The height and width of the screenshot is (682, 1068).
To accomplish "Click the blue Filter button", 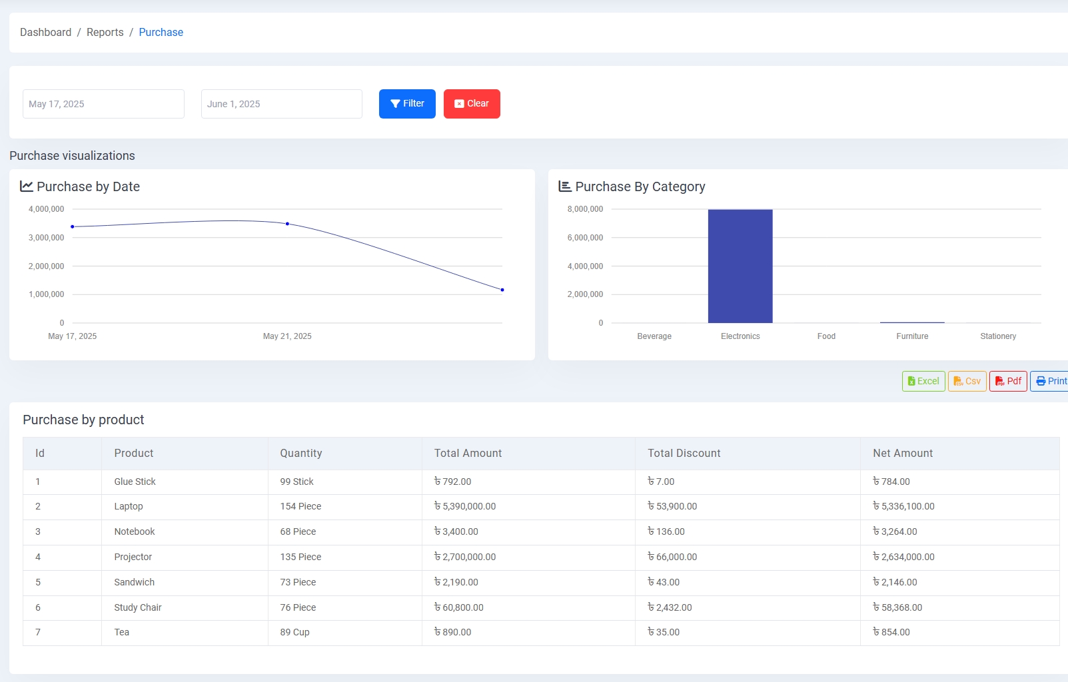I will (406, 104).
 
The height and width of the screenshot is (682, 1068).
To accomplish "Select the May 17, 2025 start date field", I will (103, 104).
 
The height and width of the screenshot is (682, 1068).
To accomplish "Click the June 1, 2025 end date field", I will (281, 104).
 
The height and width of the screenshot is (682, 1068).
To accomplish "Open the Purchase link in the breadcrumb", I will (161, 32).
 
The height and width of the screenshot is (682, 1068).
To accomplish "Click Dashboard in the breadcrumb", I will (45, 32).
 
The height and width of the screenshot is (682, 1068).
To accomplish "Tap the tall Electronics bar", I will (740, 266).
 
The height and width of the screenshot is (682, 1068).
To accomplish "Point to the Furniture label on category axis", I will (911, 336).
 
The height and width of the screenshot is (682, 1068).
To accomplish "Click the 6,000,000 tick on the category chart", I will (585, 238).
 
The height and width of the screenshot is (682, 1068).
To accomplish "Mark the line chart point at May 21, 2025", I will (287, 224).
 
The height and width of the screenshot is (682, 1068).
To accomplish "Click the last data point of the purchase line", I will (502, 290).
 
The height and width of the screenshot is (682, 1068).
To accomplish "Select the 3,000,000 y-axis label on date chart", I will (47, 238).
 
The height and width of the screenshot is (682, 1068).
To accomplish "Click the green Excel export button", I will (923, 381).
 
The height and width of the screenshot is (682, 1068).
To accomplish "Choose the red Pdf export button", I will (1007, 381).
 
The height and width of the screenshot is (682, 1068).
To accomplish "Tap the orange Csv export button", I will (967, 381).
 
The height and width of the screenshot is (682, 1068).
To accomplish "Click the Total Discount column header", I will (684, 453).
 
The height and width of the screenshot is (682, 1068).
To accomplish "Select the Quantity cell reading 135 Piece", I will (300, 557).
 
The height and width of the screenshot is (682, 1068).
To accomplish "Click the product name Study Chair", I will (138, 607).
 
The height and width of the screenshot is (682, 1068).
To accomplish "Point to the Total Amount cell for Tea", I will (453, 632).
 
